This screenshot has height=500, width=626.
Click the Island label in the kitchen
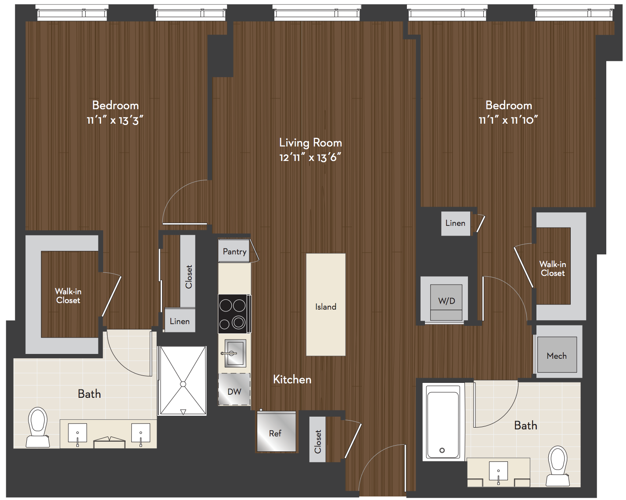tap(325, 307)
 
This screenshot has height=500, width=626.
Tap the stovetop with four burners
tap(234, 314)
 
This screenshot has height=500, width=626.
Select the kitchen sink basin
tap(234, 353)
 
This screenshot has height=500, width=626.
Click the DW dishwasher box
tap(234, 389)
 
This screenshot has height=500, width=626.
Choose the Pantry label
tap(234, 251)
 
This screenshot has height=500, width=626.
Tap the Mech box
tap(557, 355)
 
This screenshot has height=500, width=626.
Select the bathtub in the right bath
tap(443, 421)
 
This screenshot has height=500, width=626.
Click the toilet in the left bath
tap(38, 427)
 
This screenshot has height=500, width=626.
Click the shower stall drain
tap(183, 384)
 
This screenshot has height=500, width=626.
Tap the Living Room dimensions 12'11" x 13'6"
tap(310, 157)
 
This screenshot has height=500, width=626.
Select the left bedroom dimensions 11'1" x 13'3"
tap(115, 120)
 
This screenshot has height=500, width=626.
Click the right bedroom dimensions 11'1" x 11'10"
tap(508, 120)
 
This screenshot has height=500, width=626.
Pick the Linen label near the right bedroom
tap(455, 223)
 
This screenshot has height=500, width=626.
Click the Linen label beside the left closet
tap(180, 321)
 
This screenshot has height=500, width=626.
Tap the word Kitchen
tap(292, 379)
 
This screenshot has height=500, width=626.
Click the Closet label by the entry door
tap(318, 442)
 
